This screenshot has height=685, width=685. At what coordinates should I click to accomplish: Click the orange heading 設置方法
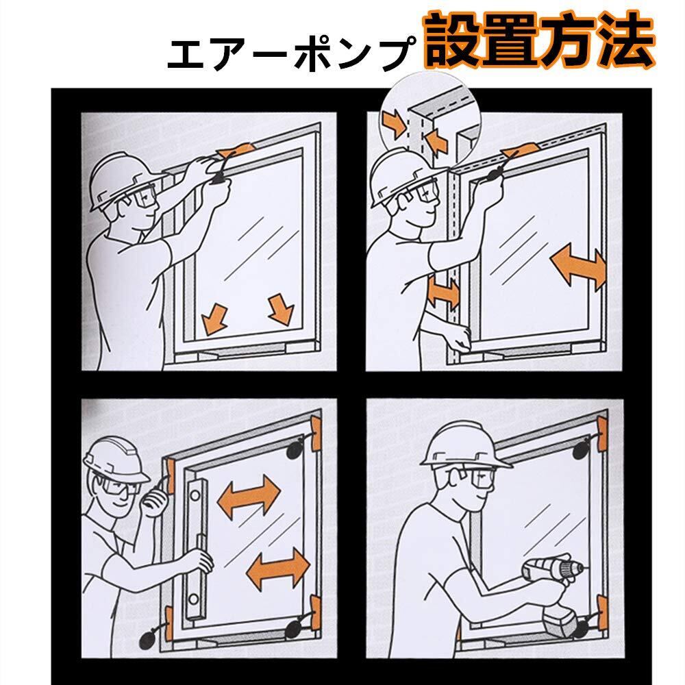538,40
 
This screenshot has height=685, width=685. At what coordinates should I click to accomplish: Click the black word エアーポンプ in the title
291,53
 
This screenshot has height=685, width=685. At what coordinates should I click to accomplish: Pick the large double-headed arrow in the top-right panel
578,266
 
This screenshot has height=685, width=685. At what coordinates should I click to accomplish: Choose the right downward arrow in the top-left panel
280,310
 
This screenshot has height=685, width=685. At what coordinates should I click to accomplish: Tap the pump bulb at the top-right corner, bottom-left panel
295,450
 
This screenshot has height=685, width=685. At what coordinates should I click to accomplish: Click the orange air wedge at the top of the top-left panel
236,149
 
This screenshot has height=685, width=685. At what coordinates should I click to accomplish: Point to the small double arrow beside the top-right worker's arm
443,291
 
